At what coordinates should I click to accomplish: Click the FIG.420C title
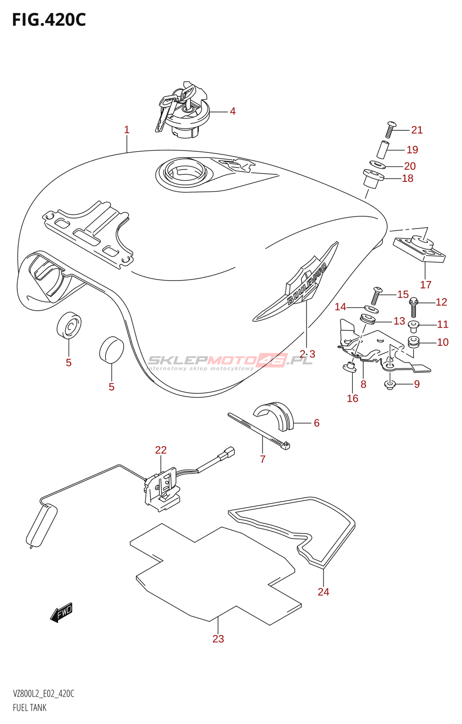[x=48, y=20]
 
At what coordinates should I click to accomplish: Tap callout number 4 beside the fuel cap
[x=232, y=111]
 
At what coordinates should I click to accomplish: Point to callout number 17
[x=425, y=285]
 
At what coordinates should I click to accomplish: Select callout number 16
[x=352, y=398]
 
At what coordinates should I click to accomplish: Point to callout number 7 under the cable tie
[x=263, y=459]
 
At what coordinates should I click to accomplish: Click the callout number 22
[x=161, y=450]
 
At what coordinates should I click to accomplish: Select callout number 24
[x=323, y=592]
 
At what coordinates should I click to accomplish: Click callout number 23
[x=218, y=639]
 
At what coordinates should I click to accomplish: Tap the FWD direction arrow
[x=62, y=613]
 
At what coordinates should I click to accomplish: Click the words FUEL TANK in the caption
[x=30, y=708]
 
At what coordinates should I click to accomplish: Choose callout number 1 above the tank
[x=127, y=130]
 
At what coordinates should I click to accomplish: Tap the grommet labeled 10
[x=413, y=342]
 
